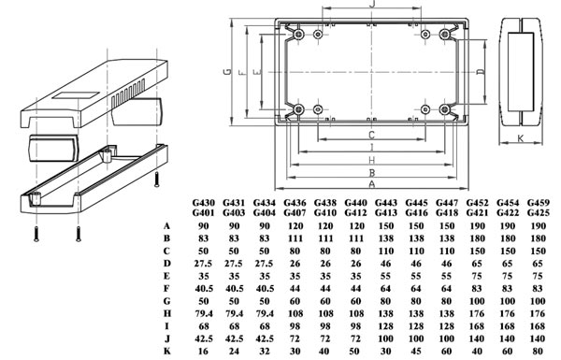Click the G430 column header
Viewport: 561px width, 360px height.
(x=203, y=203)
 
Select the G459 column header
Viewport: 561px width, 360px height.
(x=539, y=203)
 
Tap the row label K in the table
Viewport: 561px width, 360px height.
(x=166, y=351)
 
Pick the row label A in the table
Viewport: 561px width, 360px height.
(x=166, y=225)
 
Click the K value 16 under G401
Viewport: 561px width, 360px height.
(x=203, y=351)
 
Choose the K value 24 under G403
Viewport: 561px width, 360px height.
(x=234, y=351)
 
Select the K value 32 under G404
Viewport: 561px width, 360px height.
(x=264, y=351)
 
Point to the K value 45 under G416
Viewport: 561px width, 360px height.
(x=416, y=351)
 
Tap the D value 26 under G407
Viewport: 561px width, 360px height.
(x=295, y=264)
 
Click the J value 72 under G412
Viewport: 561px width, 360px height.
(x=355, y=338)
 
